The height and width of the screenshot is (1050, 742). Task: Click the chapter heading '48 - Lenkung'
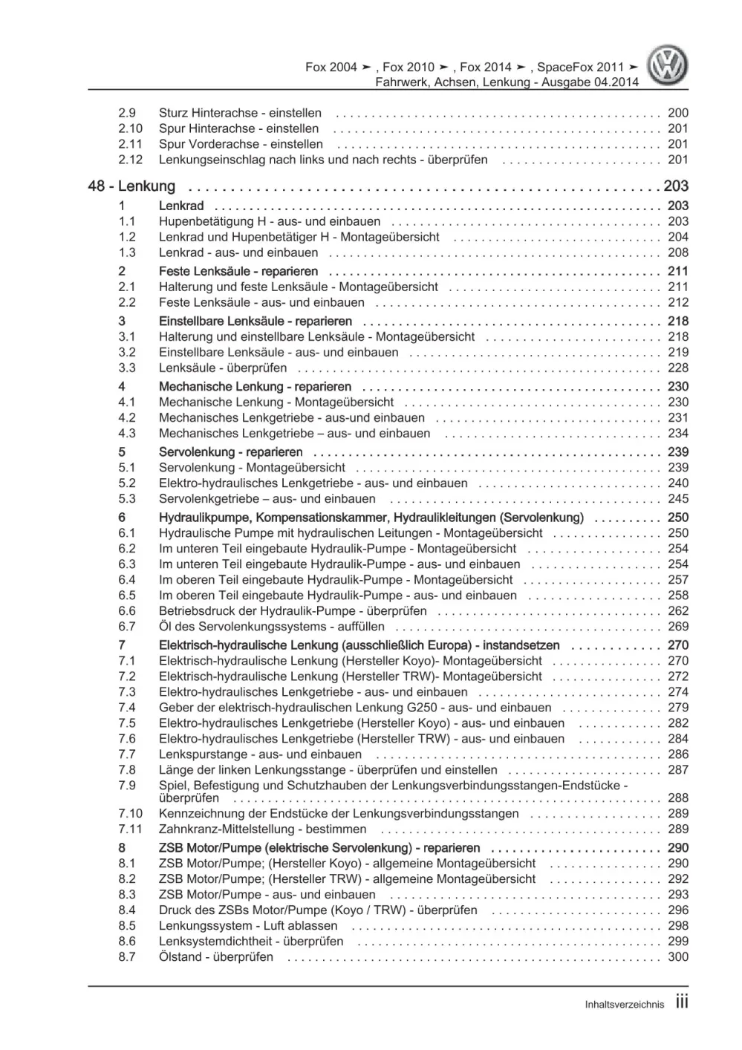[x=131, y=186]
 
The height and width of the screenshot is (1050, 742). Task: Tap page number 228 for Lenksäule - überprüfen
[x=678, y=368]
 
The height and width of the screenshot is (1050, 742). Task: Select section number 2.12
[x=130, y=160]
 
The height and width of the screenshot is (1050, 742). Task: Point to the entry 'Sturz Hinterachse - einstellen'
[x=240, y=114]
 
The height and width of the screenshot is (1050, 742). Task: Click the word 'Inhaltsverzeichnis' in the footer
[x=624, y=1005]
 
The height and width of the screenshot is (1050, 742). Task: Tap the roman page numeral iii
[x=682, y=1002]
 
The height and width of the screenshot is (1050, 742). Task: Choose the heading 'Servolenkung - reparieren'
[x=230, y=452]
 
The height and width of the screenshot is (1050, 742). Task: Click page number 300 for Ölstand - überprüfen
[x=678, y=957]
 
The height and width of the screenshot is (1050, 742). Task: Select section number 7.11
[x=130, y=829]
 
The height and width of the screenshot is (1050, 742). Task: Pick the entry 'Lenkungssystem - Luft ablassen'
[x=248, y=926]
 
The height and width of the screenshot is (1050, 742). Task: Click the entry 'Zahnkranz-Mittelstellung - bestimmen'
[x=263, y=829]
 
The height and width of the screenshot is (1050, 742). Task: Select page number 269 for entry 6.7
[x=678, y=627]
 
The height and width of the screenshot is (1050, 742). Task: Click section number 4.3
[x=127, y=434]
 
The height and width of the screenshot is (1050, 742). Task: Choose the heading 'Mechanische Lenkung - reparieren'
[x=255, y=387]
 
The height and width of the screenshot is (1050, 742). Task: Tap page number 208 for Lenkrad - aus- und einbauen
[x=678, y=253]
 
